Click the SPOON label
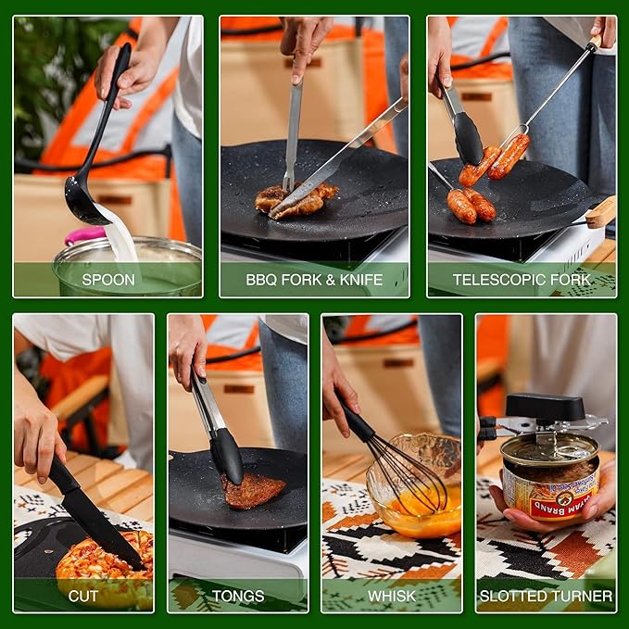point(108,279)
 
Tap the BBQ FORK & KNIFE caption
point(314,279)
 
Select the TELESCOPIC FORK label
point(522,279)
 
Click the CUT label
point(83,596)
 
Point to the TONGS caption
point(238,596)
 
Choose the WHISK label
point(392,596)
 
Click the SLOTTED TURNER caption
point(547,596)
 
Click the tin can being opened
point(549,482)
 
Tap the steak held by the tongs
point(254,490)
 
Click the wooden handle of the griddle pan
point(600,212)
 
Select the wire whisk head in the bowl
point(408,482)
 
